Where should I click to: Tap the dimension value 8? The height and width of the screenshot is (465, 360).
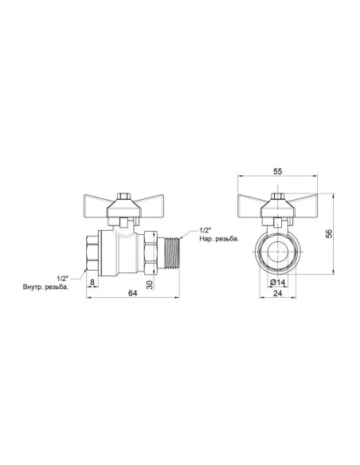pos(92,281)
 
